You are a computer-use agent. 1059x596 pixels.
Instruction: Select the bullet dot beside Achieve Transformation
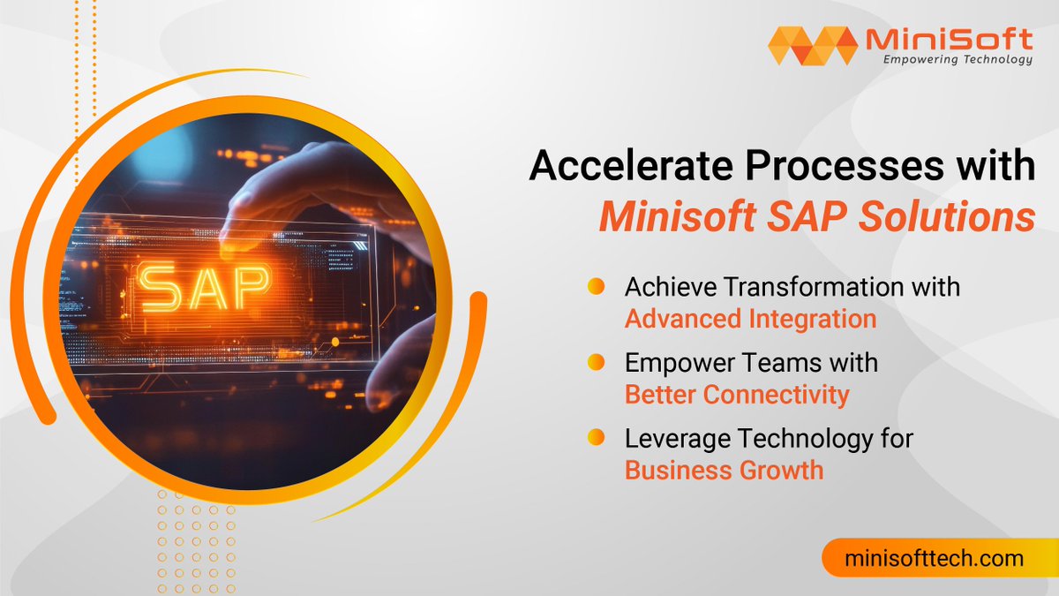point(596,287)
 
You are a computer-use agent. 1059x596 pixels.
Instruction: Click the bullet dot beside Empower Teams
point(596,362)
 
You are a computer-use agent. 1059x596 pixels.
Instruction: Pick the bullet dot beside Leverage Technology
point(596,437)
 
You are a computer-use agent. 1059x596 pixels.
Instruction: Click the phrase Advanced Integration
point(750,319)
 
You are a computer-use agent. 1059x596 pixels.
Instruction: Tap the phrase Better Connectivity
point(737,394)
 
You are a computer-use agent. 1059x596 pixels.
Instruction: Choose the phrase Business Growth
point(724,469)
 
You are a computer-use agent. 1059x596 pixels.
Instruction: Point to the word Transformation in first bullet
point(807,287)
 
